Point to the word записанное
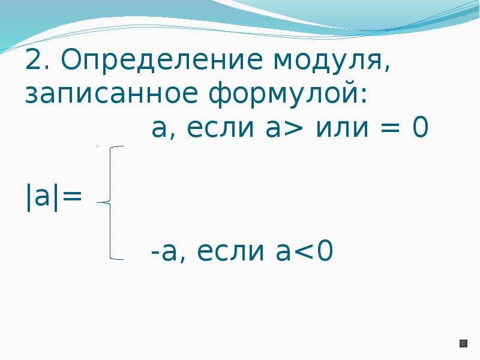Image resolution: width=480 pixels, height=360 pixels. tap(111, 93)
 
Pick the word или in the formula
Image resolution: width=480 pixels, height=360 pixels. tap(342, 128)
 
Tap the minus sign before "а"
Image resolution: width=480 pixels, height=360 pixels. tap(155, 253)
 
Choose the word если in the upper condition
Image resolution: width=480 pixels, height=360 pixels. tap(220, 128)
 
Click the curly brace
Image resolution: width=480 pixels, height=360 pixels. tap(110, 203)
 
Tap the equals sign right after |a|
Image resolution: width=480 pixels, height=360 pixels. tap(71, 196)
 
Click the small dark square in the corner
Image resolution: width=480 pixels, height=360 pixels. tap(463, 343)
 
